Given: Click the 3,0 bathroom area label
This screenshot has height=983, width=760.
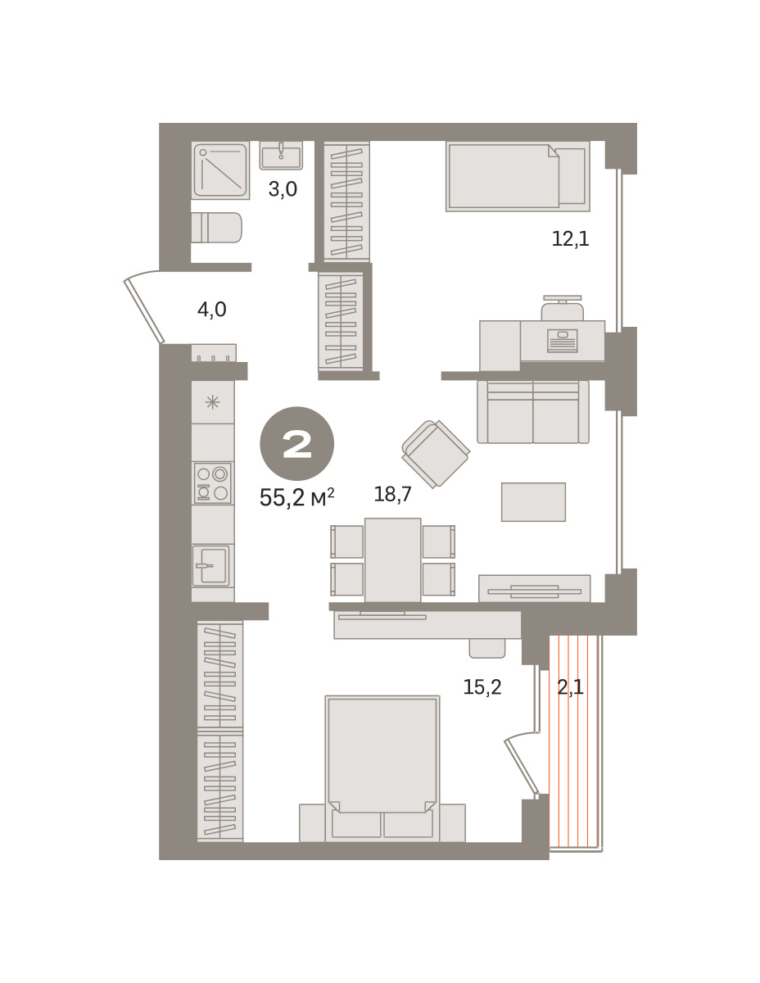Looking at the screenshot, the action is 283,189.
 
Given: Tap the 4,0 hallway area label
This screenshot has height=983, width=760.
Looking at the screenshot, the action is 211,310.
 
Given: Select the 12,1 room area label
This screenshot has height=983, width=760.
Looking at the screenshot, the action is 570,238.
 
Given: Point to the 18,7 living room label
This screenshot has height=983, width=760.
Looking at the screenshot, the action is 392,493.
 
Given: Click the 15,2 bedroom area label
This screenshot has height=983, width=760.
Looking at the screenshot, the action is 482,686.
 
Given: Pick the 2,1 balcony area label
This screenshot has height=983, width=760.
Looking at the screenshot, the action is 570,686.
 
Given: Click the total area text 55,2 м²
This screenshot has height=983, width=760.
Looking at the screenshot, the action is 296,497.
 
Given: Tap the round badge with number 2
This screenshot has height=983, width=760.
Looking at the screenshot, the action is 296,443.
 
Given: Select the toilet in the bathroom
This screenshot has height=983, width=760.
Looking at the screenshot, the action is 216,228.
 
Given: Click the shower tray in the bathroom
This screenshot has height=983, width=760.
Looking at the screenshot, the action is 220,170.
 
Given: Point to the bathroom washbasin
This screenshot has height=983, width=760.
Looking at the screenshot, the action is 281,156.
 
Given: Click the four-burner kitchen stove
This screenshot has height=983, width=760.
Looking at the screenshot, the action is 212,482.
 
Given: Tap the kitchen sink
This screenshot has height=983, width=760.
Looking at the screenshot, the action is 210,565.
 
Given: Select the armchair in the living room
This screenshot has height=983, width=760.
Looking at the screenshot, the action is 436,454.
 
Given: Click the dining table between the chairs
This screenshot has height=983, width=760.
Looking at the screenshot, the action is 392,560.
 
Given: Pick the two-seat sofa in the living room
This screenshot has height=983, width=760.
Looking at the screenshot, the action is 533,412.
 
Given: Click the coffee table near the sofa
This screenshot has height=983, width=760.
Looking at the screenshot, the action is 533,501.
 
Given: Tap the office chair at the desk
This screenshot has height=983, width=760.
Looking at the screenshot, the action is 563,309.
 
